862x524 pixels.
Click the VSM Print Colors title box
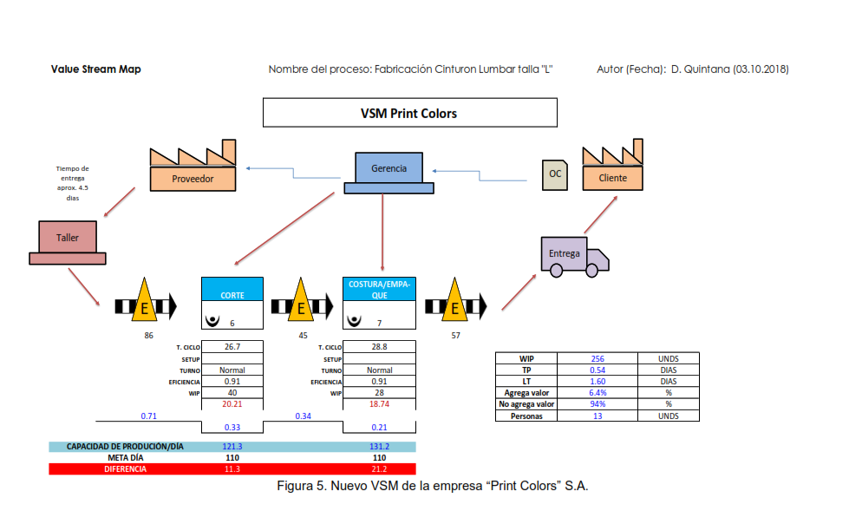point(409,113)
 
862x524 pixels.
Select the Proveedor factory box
point(193,178)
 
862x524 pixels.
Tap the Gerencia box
point(389,168)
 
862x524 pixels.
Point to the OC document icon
point(554,174)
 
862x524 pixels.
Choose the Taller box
point(68,237)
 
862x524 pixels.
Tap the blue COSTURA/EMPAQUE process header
point(381,289)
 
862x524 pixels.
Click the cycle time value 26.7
point(232,347)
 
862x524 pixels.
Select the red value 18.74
point(380,403)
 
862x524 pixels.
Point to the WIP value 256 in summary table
point(598,358)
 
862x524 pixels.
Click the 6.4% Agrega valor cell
point(598,392)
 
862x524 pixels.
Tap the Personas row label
point(526,416)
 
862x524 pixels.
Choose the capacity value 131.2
point(380,447)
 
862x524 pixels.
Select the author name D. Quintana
point(700,69)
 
